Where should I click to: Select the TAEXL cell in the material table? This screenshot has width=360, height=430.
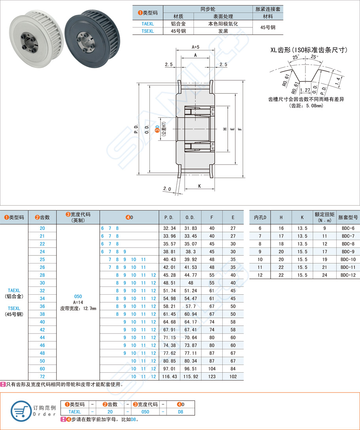(x=147, y=24)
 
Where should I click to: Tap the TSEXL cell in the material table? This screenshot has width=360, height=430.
(x=147, y=31)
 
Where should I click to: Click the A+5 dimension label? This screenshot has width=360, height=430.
(x=195, y=47)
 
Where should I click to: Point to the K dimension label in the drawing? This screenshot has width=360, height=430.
(x=199, y=186)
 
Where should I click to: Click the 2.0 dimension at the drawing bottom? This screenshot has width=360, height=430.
(x=167, y=189)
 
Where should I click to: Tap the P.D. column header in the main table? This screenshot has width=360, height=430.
(x=169, y=217)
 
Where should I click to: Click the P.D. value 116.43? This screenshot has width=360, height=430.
(x=169, y=377)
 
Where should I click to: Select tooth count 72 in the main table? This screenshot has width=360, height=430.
(x=42, y=377)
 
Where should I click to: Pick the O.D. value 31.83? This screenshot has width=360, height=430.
(x=191, y=228)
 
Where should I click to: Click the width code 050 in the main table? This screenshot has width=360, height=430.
(x=78, y=296)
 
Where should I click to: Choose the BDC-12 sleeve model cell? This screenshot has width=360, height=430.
(x=348, y=275)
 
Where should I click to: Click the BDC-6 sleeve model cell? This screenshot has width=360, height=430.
(x=348, y=228)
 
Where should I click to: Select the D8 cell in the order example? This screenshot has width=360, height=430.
(x=180, y=411)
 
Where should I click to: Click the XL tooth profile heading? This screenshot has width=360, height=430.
(x=309, y=50)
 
